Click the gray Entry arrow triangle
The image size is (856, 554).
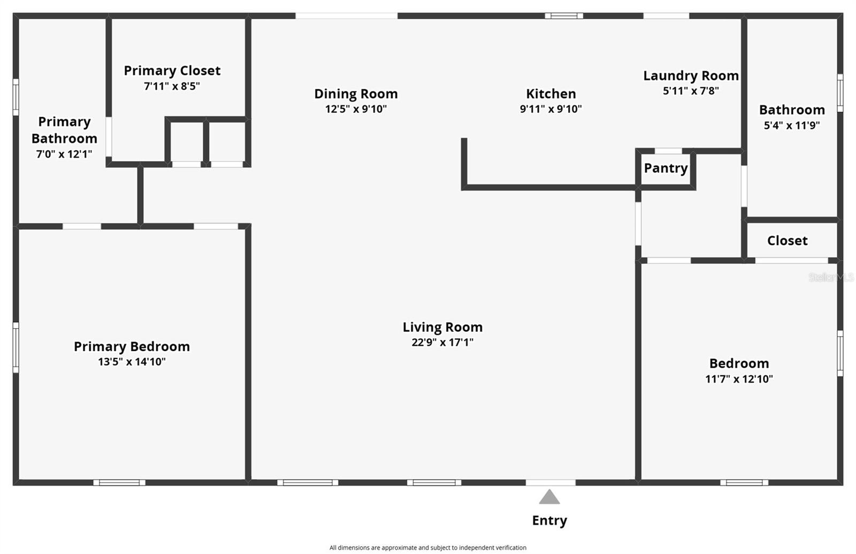[549, 498]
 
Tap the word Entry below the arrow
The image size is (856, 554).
[549, 520]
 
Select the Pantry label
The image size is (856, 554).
[666, 168]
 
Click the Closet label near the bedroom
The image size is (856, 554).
[787, 241]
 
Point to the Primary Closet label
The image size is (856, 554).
[172, 71]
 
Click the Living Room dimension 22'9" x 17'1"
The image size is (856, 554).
[442, 343]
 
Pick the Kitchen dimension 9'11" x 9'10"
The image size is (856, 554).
[551, 109]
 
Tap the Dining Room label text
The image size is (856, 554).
[356, 94]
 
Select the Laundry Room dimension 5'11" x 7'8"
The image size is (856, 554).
[691, 91]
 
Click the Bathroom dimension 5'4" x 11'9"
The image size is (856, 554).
[792, 126]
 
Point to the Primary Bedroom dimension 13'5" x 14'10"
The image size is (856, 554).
[132, 362]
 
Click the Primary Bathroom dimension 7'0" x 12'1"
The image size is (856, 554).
[64, 155]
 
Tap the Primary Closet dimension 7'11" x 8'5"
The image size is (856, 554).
[172, 86]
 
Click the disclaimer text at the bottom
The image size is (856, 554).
[427, 548]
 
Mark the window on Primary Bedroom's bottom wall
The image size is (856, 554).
[119, 483]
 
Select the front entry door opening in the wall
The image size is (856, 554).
[551, 483]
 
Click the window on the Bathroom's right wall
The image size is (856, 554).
[840, 93]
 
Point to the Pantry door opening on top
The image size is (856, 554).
[668, 151]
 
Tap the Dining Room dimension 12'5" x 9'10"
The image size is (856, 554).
[356, 109]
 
